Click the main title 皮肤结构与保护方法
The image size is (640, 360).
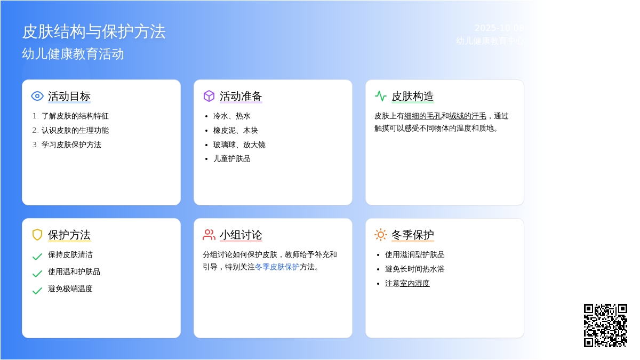[x=94, y=31]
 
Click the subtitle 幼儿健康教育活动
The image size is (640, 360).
[x=73, y=54]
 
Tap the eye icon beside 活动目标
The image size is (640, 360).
[x=37, y=96]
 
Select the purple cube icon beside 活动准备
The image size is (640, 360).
[x=209, y=96]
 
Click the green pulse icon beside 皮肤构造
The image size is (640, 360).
[x=381, y=96]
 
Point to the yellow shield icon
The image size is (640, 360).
[x=37, y=235]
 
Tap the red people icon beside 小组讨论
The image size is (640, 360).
[x=209, y=235]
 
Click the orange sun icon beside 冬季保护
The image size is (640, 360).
[x=381, y=235]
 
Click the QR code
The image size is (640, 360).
[x=605, y=325]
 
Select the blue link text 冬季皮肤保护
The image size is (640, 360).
[x=277, y=267]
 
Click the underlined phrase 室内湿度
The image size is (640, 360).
[x=415, y=283]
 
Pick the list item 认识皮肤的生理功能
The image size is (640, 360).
[x=75, y=130]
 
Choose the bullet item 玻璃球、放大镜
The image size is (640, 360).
[x=239, y=145]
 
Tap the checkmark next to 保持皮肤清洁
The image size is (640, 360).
[x=37, y=257]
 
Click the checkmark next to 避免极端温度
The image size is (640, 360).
[x=37, y=291]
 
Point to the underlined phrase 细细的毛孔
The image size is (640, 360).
[x=423, y=116]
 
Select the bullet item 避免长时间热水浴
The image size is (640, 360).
[x=414, y=269]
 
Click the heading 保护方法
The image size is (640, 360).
[x=69, y=235]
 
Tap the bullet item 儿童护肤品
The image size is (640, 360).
[x=232, y=158]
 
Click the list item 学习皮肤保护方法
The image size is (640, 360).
[x=71, y=145]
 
